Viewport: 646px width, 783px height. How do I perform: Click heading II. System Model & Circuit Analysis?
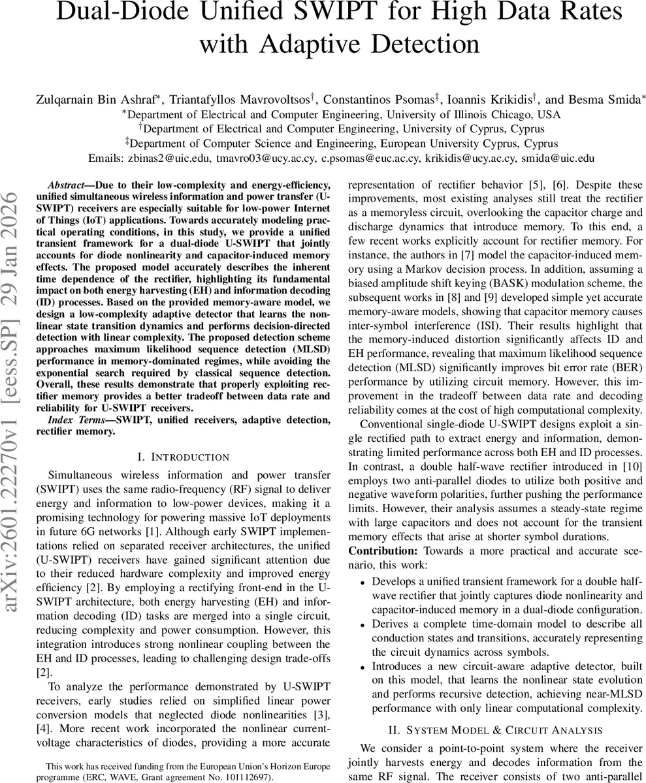tap(494, 729)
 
